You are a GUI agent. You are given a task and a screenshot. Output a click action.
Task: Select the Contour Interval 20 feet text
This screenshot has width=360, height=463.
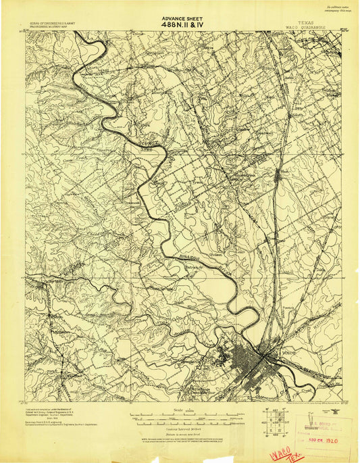coord(180,427)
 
